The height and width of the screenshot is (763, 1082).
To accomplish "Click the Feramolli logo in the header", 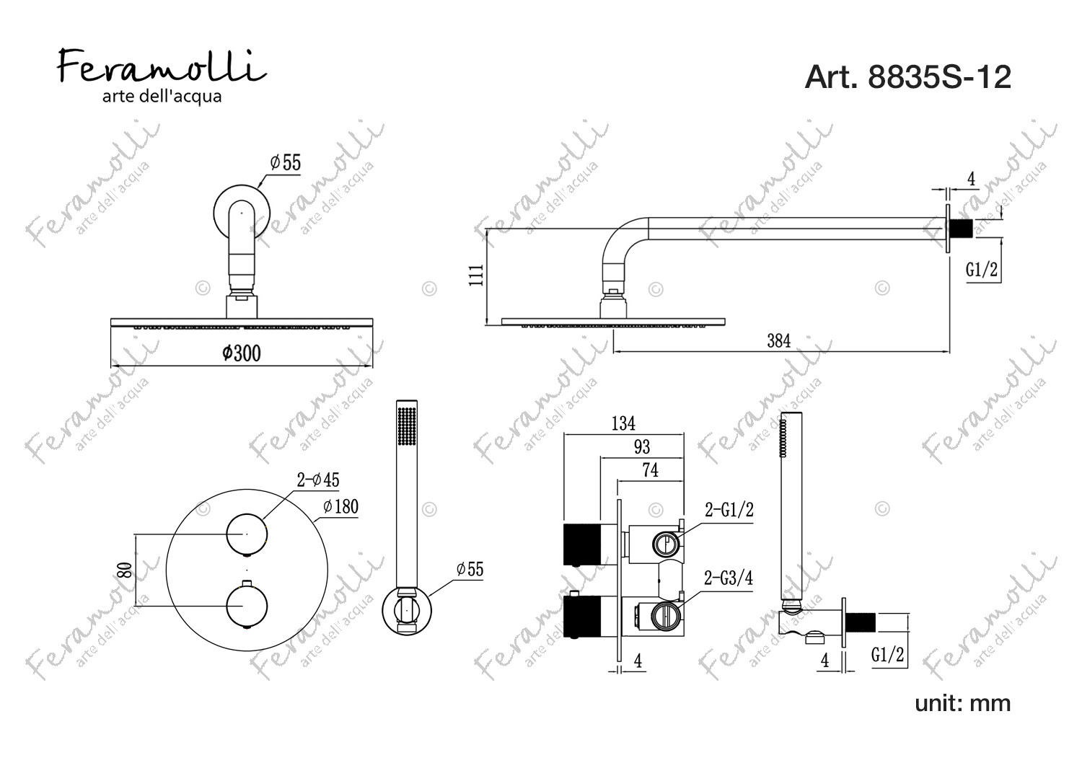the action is pyautogui.click(x=162, y=75).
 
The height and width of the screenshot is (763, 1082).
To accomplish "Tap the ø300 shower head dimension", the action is pyautogui.click(x=242, y=353).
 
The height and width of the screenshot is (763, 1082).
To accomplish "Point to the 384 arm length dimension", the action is pyautogui.click(x=778, y=341).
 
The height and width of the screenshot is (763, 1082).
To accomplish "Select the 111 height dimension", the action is pyautogui.click(x=476, y=275).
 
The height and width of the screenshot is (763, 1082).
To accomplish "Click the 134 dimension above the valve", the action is pyautogui.click(x=623, y=423).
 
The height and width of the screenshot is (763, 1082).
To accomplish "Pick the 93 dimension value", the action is pyautogui.click(x=642, y=446).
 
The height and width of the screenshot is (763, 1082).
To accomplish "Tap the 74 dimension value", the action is pyautogui.click(x=650, y=470).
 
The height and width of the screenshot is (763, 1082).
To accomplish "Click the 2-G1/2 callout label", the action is pyautogui.click(x=729, y=509).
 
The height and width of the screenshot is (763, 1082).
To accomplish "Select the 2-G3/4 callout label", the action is pyautogui.click(x=729, y=578).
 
